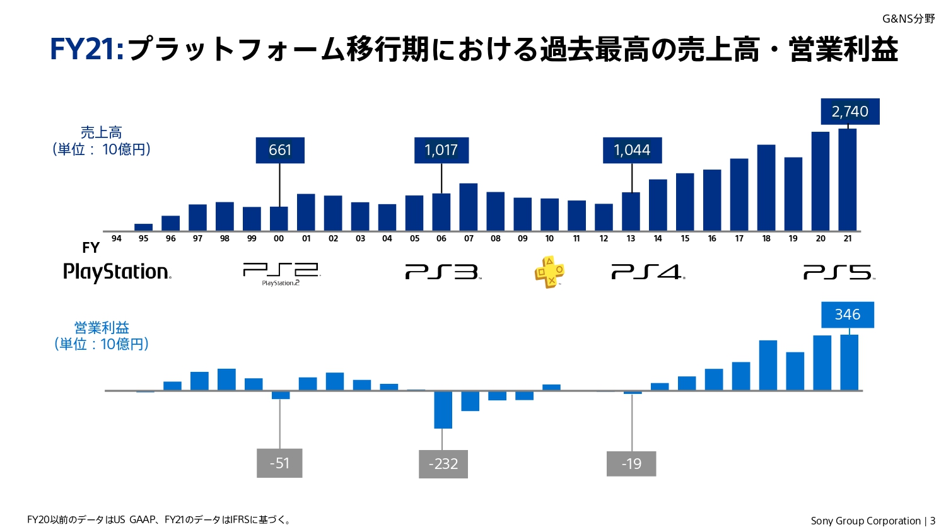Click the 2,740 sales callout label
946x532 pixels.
(x=850, y=112)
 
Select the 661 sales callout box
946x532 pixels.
(x=280, y=150)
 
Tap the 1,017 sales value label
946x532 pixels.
(x=441, y=150)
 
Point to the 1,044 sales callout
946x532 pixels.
(x=632, y=150)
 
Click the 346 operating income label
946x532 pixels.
(x=847, y=315)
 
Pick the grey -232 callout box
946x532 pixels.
(x=443, y=464)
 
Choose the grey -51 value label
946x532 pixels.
(x=279, y=463)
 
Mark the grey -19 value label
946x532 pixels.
(x=631, y=464)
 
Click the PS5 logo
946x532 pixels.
(x=838, y=272)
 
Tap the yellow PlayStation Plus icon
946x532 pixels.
(x=549, y=272)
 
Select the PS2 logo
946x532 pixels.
(x=281, y=272)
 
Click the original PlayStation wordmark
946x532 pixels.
(x=117, y=272)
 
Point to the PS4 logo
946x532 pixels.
(x=648, y=272)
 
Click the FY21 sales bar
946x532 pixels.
(x=847, y=180)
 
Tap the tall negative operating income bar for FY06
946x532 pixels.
(x=443, y=410)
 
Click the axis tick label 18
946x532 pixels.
(x=766, y=239)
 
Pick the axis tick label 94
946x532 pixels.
(x=117, y=239)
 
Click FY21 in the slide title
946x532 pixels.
(x=86, y=50)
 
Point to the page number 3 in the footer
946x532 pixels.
(x=933, y=521)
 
